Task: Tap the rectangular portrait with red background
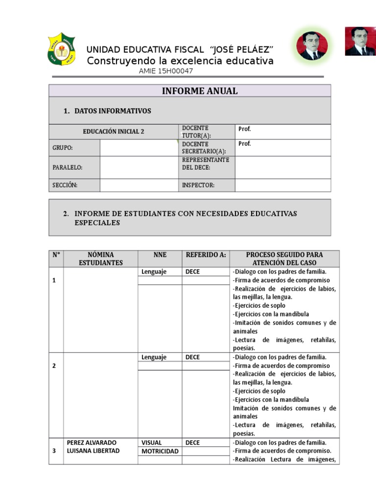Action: [x=360, y=42]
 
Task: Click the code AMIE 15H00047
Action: [x=166, y=71]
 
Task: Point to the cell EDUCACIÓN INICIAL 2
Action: [x=113, y=132]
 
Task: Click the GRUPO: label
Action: [x=63, y=148]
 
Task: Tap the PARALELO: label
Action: [x=68, y=167]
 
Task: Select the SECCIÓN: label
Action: [x=65, y=185]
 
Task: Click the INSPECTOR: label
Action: [x=198, y=185]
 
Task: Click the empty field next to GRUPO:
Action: [x=139, y=148]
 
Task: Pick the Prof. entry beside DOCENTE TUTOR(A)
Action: [x=245, y=129]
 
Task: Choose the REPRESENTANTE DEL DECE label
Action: [x=206, y=164]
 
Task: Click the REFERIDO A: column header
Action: [x=206, y=255]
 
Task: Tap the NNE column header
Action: [x=160, y=255]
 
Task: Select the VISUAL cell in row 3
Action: [x=152, y=443]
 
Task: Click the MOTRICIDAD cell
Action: [x=160, y=451]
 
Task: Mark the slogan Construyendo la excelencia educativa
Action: [x=180, y=61]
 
